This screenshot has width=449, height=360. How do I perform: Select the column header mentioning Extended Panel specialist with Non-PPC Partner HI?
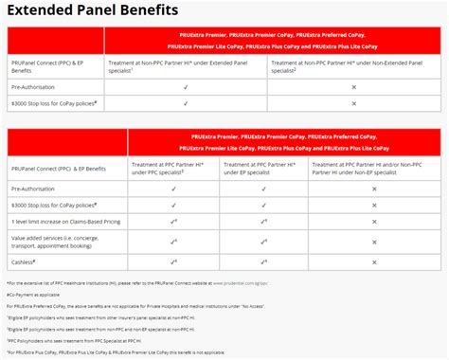187,65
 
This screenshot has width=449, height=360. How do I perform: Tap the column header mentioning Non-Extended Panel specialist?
350,65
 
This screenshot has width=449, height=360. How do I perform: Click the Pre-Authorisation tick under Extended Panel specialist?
187,86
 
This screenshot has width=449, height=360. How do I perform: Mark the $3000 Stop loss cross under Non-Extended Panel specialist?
352,100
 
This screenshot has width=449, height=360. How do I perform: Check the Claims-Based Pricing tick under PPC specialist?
174,219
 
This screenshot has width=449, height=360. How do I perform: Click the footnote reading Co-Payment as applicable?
33,294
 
